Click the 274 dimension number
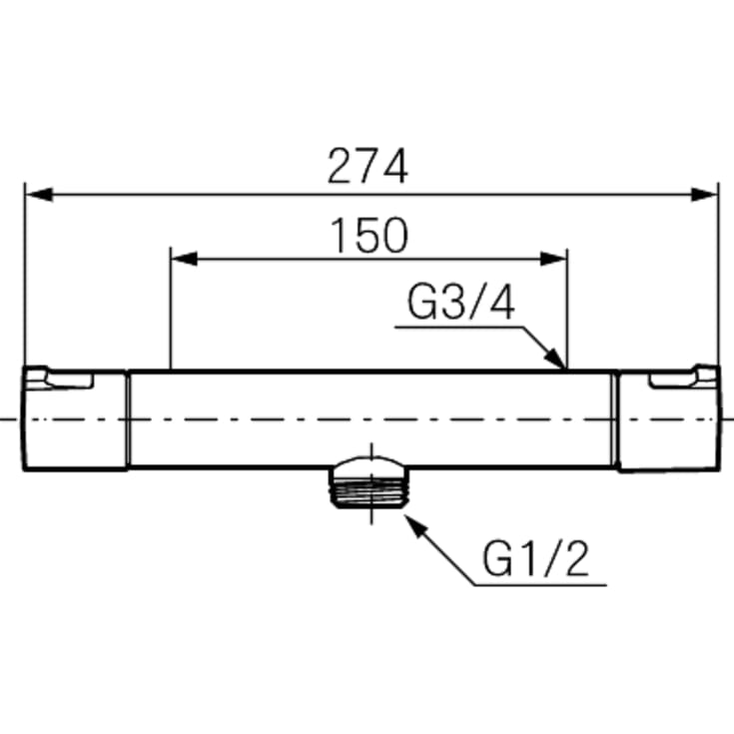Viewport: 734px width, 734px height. [367, 166]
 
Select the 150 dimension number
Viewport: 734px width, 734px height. [369, 235]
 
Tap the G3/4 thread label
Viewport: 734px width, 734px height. [461, 303]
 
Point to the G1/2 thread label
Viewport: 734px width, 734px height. [535, 559]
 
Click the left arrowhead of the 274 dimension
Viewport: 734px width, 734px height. [39, 195]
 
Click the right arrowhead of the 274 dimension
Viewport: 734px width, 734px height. [704, 195]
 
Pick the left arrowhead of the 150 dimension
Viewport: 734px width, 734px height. [184, 259]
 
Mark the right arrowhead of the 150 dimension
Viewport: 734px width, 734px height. [554, 259]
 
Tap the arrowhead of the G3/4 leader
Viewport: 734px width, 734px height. [555, 359]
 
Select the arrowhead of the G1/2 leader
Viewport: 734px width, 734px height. [415, 525]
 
